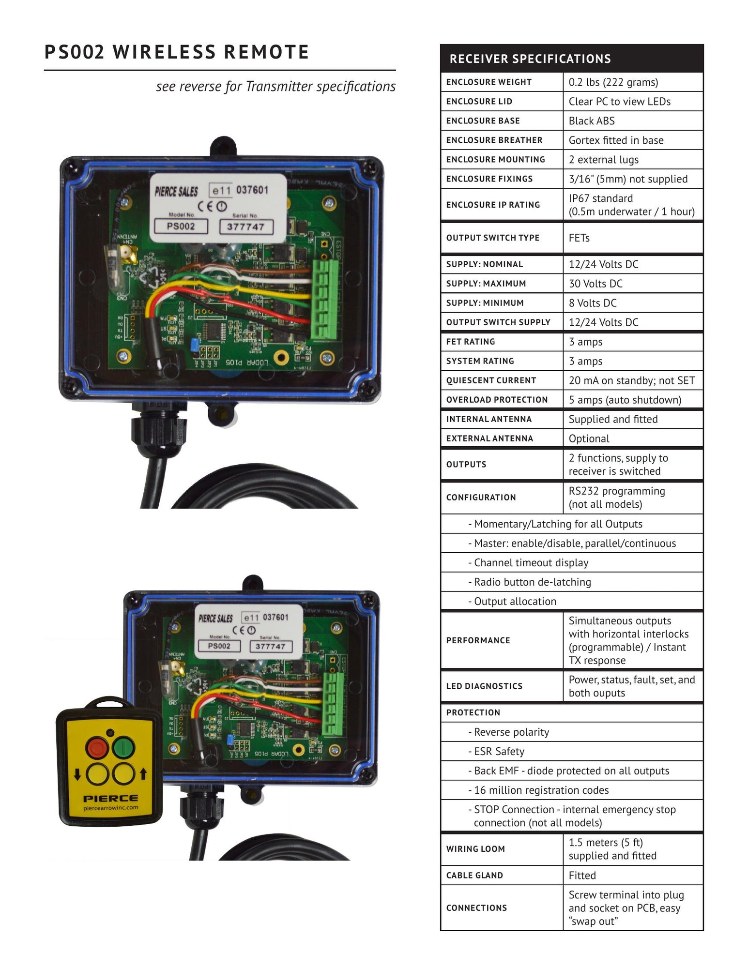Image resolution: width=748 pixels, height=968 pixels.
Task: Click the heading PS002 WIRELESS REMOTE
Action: tap(177, 52)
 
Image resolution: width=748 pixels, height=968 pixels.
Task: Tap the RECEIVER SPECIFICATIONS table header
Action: tap(530, 59)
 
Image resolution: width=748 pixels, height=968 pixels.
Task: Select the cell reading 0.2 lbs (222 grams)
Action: tap(613, 82)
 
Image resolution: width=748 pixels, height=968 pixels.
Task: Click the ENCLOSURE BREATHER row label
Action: tap(494, 140)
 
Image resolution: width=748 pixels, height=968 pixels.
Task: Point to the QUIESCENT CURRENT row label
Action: tap(491, 380)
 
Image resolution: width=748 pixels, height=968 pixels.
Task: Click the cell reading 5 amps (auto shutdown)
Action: tap(625, 400)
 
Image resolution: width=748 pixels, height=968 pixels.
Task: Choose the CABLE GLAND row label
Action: tap(474, 875)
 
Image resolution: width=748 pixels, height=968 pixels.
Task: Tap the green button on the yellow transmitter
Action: tap(123, 748)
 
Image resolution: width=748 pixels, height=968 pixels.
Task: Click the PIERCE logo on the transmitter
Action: tap(110, 799)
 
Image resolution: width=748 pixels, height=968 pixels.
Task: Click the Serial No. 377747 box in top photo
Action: tap(246, 227)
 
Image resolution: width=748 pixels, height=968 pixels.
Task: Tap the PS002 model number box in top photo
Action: tap(181, 226)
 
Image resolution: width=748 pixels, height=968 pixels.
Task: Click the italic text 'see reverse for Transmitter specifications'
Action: tap(275, 87)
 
